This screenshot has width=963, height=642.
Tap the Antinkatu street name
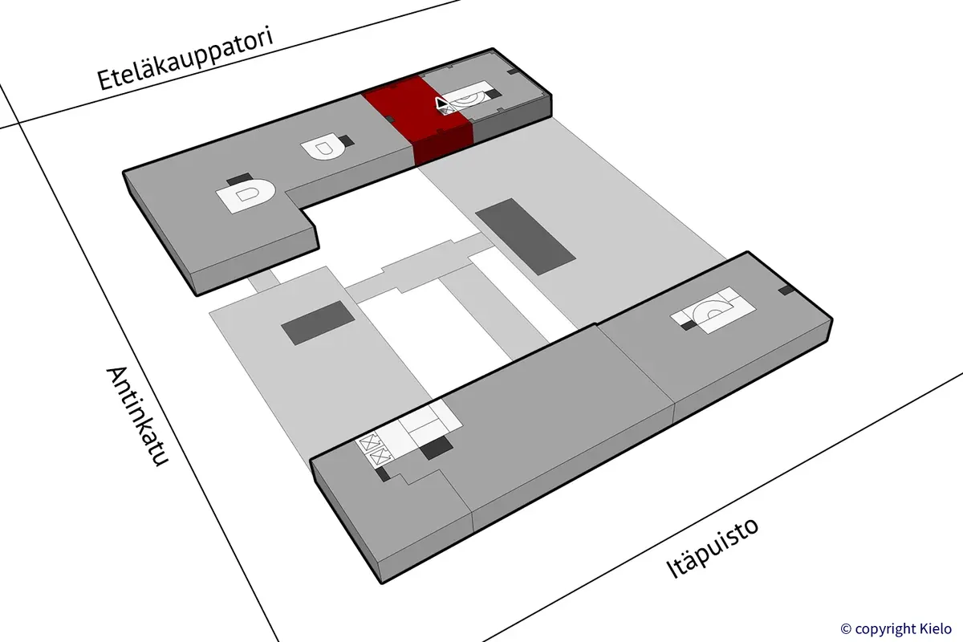point(136,418)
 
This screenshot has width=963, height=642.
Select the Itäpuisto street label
point(713,548)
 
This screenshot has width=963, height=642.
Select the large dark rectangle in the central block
point(525,237)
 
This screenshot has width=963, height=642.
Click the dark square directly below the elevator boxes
point(385,475)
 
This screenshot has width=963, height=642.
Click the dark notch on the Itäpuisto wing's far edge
point(786,290)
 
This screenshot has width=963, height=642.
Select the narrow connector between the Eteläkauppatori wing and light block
point(263,280)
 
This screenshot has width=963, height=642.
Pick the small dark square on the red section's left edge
point(389,119)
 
